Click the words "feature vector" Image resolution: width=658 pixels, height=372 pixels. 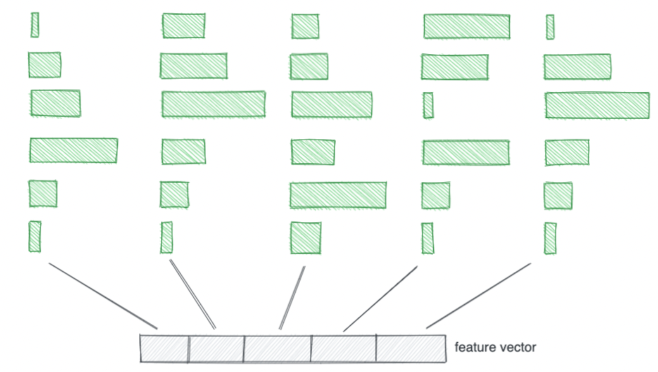coord(495,347)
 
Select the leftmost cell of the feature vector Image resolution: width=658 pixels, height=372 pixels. coord(164,349)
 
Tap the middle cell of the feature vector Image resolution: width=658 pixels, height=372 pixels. coord(277,349)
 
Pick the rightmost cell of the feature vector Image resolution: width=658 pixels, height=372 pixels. coord(410,349)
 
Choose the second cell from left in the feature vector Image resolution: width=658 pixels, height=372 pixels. coord(216,349)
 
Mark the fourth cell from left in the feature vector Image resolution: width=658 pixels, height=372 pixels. coord(343,349)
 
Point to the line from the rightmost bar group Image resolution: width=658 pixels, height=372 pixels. coord(478,296)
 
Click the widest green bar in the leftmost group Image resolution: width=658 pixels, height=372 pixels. coord(73,150)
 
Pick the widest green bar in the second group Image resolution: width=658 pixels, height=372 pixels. coord(213,104)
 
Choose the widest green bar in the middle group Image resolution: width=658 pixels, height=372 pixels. coord(338,195)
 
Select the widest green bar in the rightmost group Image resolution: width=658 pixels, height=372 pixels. coord(597,105)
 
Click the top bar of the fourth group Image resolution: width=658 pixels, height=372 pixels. coord(467,26)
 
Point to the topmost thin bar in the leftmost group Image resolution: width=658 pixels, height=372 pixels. coord(34,25)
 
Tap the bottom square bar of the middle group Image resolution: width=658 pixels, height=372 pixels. coord(305,238)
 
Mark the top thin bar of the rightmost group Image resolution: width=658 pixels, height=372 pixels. coord(550,27)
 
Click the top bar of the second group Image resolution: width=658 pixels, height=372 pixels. coord(184,26)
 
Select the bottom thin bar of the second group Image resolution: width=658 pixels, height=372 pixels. coord(166,238)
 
